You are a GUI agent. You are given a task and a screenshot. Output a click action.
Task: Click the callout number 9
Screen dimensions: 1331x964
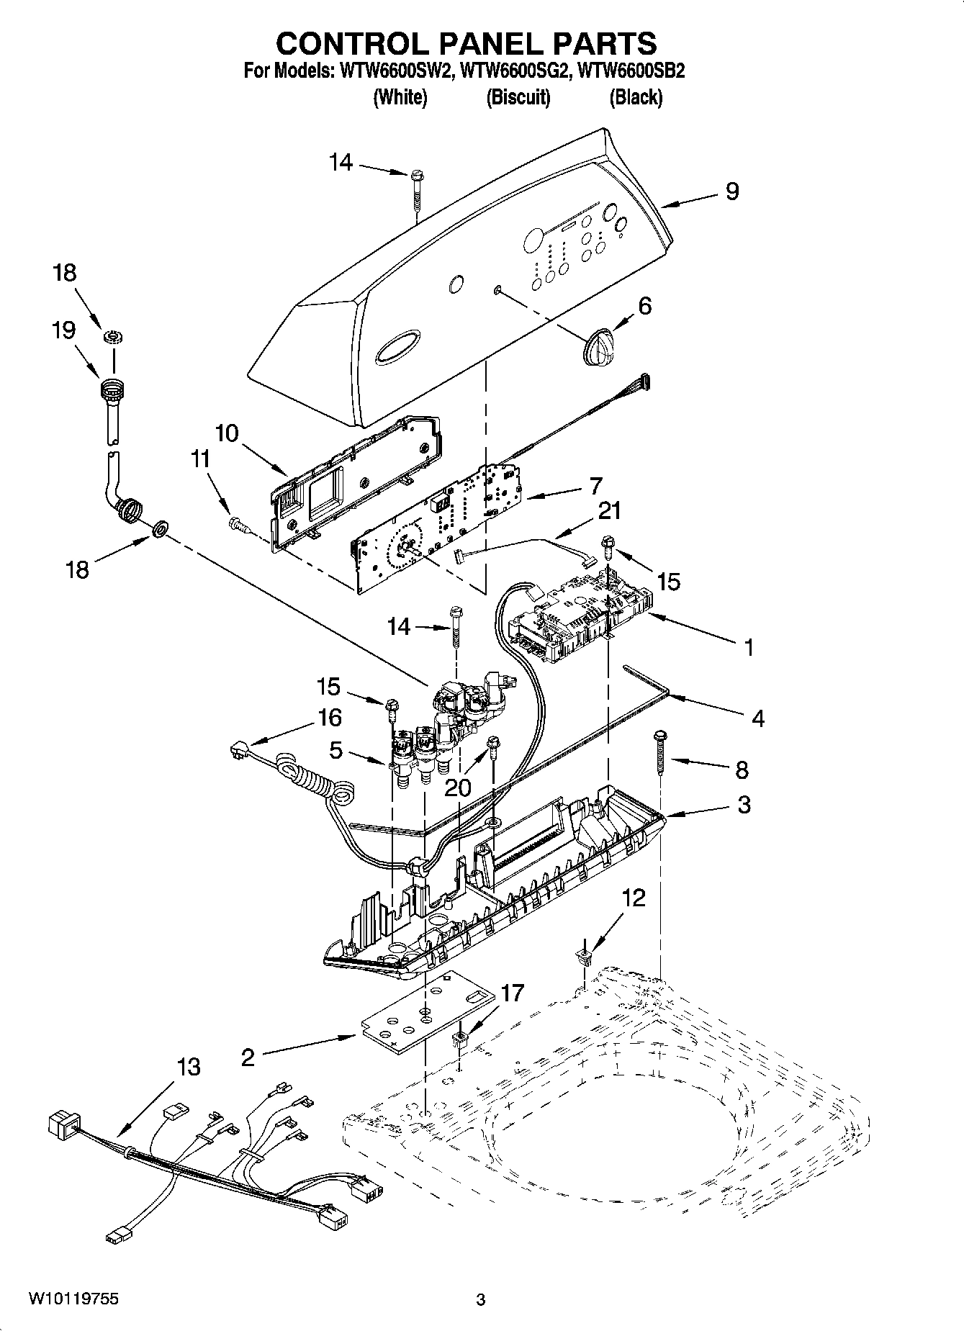pos(731,191)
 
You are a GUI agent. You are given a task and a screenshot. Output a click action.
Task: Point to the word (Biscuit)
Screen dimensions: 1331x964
pos(518,97)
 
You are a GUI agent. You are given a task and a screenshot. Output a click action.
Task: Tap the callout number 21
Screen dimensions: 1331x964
pos(608,510)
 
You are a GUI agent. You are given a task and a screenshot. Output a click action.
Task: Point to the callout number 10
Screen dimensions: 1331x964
pos(226,433)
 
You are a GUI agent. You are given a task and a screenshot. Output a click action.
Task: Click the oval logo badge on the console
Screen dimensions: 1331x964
pos(397,346)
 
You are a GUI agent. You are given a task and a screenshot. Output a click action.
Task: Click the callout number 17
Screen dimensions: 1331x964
pos(512,993)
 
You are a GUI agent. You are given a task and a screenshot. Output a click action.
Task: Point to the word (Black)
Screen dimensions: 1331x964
pos(635,97)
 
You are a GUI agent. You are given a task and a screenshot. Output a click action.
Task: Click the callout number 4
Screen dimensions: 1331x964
pos(757,718)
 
